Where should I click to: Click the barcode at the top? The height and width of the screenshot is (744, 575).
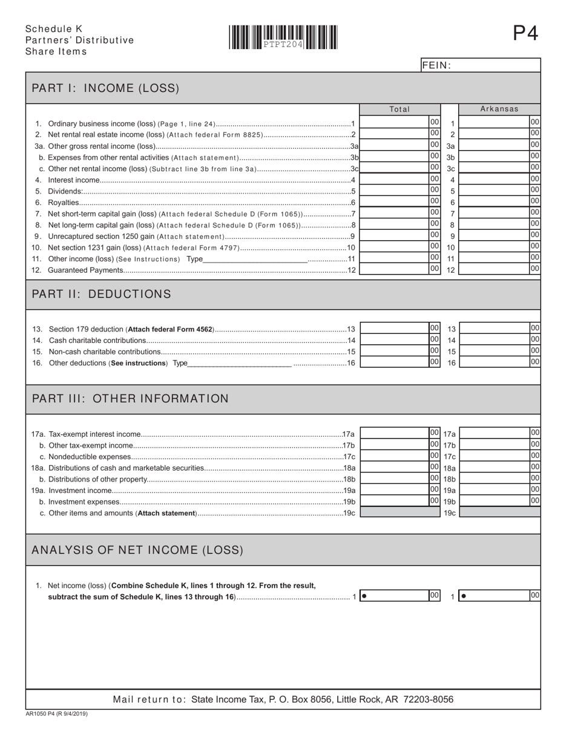pos(283,37)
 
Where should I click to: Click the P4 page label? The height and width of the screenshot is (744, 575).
pos(525,33)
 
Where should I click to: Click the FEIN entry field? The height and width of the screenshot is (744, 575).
pos(495,65)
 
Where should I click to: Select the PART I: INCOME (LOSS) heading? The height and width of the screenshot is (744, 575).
pos(105,88)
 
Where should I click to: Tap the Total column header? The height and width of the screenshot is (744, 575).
pos(399,109)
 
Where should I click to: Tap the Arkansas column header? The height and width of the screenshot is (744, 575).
pos(499,109)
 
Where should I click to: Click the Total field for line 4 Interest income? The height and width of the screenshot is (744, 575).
pos(394,180)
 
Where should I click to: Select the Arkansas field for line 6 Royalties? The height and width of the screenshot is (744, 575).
pos(494,202)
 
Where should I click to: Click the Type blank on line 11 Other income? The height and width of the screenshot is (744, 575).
pos(255,259)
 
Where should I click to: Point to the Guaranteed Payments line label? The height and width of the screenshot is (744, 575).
pos(85,270)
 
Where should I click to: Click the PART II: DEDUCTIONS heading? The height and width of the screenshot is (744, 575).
pos(101,294)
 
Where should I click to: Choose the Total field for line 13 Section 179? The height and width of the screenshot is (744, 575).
pos(394,328)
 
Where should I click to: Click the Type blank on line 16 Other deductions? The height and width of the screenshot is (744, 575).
pos(240,363)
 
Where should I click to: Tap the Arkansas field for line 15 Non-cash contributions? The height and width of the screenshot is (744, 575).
pos(494,351)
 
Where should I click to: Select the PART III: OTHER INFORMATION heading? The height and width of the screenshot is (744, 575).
pos(130,399)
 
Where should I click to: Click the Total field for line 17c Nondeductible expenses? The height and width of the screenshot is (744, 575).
pos(394,456)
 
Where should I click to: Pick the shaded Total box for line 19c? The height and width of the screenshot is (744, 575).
pos(400,512)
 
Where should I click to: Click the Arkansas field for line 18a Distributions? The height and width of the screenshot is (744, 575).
pos(494,468)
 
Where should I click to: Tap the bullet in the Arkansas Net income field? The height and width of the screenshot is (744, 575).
pos(464,596)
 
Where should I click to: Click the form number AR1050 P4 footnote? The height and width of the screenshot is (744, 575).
pos(56,714)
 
